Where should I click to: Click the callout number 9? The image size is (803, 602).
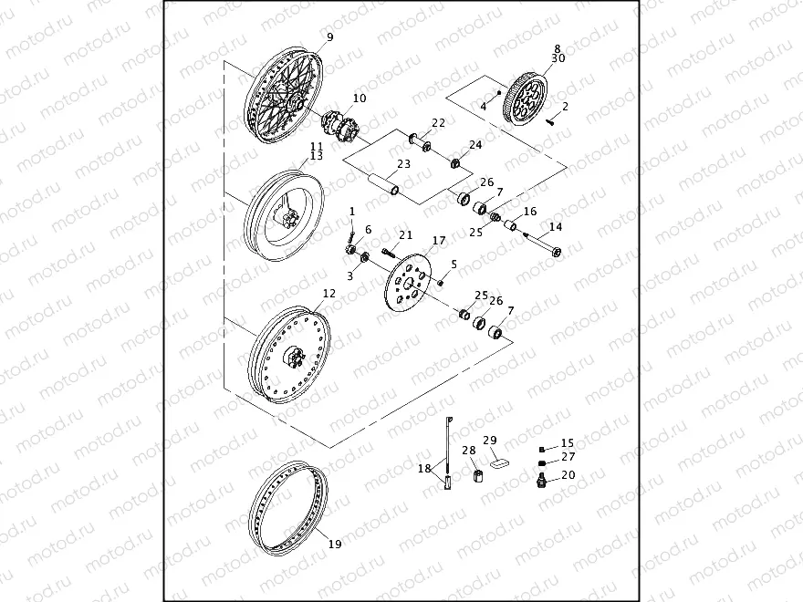(x=329, y=37)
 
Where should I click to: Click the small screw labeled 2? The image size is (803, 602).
(x=550, y=119)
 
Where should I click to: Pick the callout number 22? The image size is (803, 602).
(x=438, y=123)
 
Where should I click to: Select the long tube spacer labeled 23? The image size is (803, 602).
(x=383, y=182)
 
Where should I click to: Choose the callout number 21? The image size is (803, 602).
(x=405, y=235)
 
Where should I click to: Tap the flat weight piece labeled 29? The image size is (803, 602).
(x=499, y=462)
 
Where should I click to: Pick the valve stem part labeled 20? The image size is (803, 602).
(x=544, y=478)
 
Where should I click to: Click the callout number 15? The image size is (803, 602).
(x=568, y=443)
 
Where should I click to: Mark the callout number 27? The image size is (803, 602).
(x=568, y=457)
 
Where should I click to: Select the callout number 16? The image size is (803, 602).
(x=530, y=212)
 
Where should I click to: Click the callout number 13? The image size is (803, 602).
(x=316, y=156)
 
